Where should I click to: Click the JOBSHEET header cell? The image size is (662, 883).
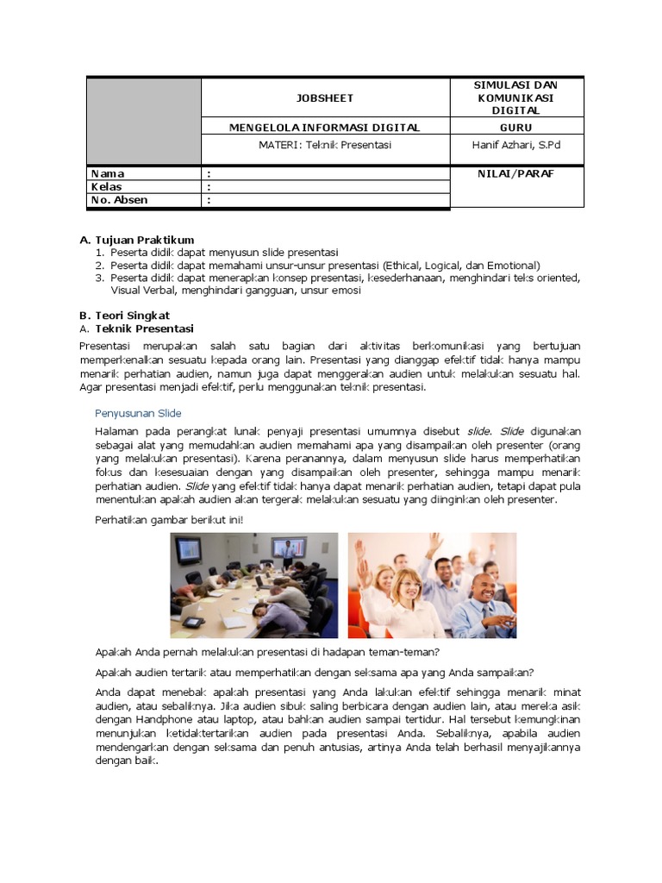[325, 98]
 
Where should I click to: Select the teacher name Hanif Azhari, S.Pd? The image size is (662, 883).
[517, 145]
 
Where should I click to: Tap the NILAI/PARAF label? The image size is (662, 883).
[516, 173]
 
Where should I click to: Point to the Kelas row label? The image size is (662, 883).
[107, 186]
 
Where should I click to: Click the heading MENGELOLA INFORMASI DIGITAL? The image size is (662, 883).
[325, 128]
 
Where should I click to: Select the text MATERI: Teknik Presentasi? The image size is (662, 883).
[325, 145]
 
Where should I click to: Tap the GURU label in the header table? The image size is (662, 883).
[516, 128]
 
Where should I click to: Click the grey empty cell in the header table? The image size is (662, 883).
[143, 120]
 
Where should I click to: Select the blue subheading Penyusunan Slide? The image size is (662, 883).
[138, 413]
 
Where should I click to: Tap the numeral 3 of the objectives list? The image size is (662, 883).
[99, 278]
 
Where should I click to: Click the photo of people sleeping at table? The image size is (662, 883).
[253, 585]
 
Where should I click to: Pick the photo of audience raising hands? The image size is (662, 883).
[432, 585]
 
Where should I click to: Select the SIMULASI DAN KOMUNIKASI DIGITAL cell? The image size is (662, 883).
[516, 97]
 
